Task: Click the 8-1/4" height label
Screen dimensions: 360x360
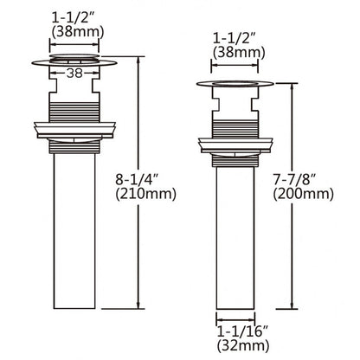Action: [x=138, y=180]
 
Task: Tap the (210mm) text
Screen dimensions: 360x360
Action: [x=145, y=194]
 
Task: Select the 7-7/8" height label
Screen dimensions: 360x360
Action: [x=294, y=180]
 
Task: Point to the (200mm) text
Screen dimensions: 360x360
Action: [x=304, y=194]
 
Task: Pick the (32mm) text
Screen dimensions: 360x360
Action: [x=243, y=345]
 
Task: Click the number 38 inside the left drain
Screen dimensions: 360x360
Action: [x=74, y=74]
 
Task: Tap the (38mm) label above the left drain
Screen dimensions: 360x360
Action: [x=77, y=32]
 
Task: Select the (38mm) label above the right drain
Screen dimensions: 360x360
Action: [x=239, y=53]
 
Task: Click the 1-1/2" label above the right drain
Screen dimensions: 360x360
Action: [x=235, y=38]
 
